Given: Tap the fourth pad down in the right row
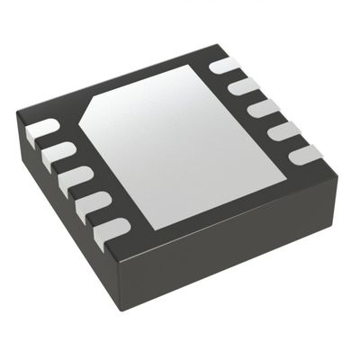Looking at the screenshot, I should tap(283, 131).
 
